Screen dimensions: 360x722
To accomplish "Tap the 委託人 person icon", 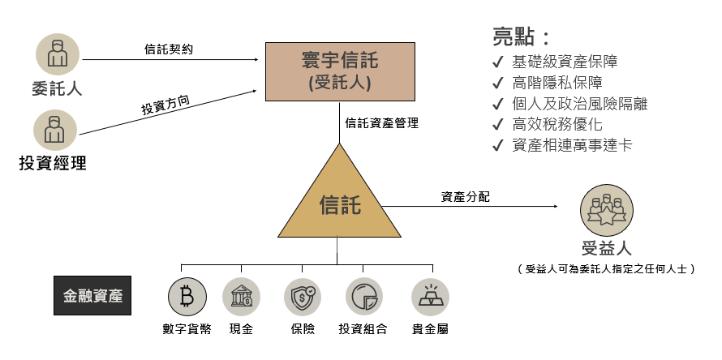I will click(57, 54).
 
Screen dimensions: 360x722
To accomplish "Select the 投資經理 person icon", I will click(55, 130).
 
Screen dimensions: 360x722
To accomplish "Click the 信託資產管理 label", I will click(381, 123).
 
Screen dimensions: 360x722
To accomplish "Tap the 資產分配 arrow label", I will click(465, 197).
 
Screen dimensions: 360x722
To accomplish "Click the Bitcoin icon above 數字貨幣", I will click(187, 298).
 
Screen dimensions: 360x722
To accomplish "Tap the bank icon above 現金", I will click(241, 298).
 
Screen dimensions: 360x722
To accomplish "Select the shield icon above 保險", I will click(303, 298).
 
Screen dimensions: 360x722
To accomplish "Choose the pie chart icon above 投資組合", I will click(363, 298).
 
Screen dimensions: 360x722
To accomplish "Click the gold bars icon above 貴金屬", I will click(430, 298).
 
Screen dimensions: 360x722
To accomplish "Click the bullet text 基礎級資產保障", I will click(565, 62).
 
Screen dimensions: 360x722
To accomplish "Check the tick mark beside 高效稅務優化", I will click(497, 125).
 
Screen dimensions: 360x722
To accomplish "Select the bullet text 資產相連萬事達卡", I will click(573, 146).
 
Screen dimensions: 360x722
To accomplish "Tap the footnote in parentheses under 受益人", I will click(606, 268).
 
